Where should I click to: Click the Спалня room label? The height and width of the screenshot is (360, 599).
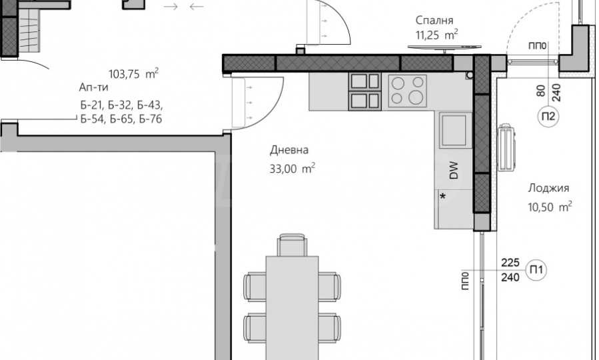click(x=436, y=20)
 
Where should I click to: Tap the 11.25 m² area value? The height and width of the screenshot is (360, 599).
click(x=436, y=35)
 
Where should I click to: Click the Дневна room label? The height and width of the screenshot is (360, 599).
click(x=289, y=150)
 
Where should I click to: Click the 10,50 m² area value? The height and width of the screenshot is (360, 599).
click(x=550, y=207)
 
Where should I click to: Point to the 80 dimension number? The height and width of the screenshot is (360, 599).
click(x=541, y=90)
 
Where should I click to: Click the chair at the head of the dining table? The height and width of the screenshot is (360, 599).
click(x=292, y=245)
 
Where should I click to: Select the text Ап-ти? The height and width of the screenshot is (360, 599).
click(x=93, y=87)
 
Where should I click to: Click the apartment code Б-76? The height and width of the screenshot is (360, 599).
click(x=151, y=119)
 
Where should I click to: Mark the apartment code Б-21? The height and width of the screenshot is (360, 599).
click(x=91, y=105)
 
